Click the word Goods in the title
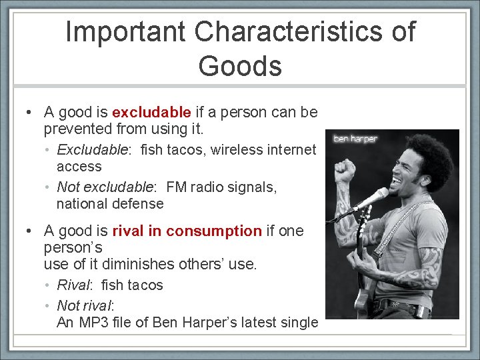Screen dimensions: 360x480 240,66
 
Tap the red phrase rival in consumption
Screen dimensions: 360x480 187,231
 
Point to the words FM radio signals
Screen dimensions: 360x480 222,187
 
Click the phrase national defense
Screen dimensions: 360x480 110,203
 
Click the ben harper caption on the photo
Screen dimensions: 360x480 355,139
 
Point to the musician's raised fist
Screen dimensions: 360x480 345,171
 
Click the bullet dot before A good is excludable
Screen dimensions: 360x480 30,112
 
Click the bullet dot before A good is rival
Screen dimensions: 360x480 30,231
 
